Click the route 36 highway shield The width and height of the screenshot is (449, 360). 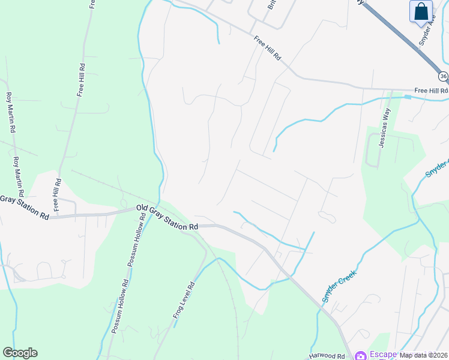(x=443, y=76)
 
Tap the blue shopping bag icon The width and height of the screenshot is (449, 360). (x=421, y=11)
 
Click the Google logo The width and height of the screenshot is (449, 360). (x=20, y=353)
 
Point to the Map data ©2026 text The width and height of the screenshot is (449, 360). (x=424, y=355)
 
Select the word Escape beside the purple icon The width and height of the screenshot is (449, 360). (x=382, y=355)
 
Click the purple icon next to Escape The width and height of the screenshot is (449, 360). (x=361, y=355)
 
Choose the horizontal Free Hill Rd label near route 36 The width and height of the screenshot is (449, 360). (x=431, y=91)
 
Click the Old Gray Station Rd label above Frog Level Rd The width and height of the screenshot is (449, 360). (x=167, y=218)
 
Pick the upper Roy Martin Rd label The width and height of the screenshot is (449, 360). (x=10, y=112)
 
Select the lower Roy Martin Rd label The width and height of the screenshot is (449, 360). (x=19, y=177)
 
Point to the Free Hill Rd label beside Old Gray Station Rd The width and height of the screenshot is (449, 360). (x=57, y=194)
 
